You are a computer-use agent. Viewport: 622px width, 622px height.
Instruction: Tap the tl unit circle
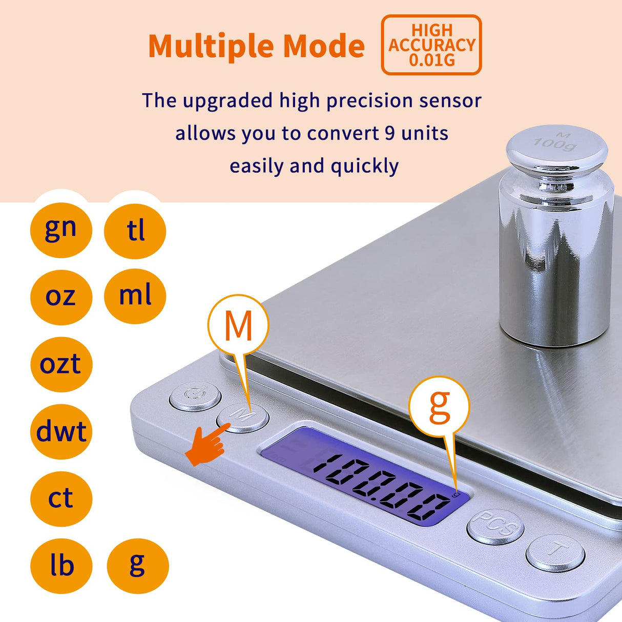point(135,231)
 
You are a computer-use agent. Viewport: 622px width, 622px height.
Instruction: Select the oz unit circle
point(61,297)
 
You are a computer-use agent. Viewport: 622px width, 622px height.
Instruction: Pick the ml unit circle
point(135,296)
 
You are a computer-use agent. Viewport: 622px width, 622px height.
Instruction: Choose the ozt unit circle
point(61,364)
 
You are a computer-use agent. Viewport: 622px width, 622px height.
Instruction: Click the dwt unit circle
point(61,431)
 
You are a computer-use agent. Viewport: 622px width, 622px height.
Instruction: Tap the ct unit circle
point(61,499)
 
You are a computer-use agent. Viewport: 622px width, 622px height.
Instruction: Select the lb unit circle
point(61,566)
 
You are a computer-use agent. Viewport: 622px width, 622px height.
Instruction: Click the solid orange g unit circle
point(137,566)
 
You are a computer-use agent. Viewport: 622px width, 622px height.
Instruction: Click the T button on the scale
point(555,552)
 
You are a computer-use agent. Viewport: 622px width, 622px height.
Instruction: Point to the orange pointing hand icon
point(206,445)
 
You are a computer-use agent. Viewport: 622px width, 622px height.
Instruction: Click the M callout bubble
point(238,325)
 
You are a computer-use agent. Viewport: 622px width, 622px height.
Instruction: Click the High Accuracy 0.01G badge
point(431,45)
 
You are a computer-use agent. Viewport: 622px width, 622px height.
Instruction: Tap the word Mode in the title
point(323,46)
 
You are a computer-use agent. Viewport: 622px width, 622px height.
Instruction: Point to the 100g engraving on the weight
point(555,143)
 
